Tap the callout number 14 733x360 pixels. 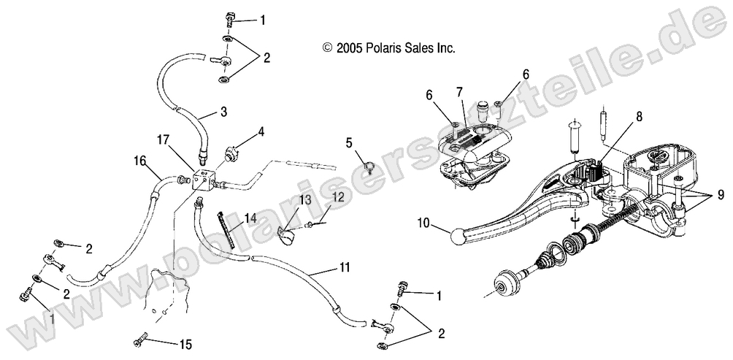[x=250, y=218]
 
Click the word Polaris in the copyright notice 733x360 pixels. [x=386, y=47]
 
